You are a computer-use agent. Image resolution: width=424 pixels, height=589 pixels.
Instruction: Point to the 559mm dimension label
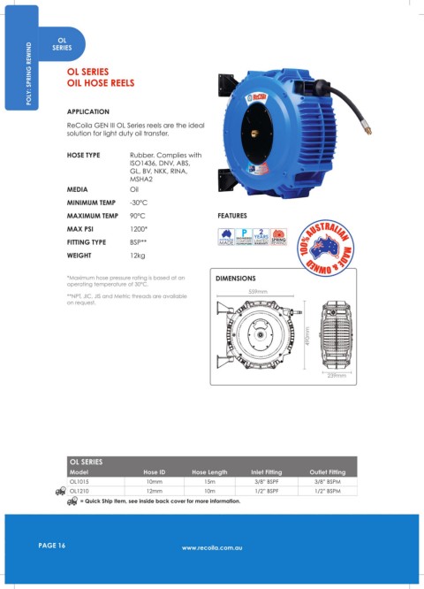point(259,293)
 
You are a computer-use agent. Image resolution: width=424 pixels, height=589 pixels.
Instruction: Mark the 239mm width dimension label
point(337,375)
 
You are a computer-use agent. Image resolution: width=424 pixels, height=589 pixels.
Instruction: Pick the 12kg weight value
point(138,255)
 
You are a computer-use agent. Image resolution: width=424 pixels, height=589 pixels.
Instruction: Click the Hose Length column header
point(209,471)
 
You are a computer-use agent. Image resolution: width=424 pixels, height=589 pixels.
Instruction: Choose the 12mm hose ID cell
point(155,489)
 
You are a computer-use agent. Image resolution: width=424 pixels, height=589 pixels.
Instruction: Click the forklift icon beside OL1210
point(60,490)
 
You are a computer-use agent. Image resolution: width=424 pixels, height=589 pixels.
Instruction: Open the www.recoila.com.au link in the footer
point(212,548)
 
